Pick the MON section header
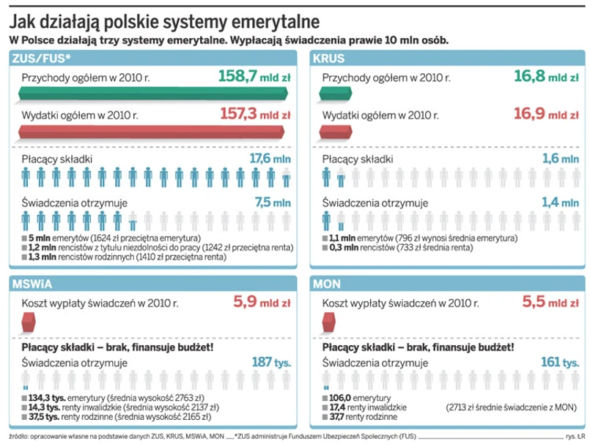[x=326, y=283]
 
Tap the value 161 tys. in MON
[x=559, y=362]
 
